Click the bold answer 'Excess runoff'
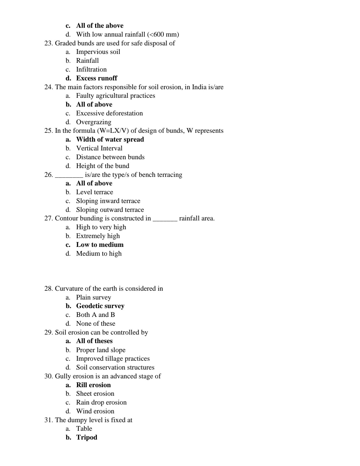pos(96,78)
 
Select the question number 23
pos(48,43)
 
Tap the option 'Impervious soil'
pos(98,52)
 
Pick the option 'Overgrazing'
pos(94,122)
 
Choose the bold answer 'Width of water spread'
pos(110,140)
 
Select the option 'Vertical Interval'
pos(99,148)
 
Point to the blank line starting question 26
pos(69,175)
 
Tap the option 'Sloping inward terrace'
pos(108,201)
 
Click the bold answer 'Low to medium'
pos(100,245)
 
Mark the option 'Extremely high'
pos(98,236)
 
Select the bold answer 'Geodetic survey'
pos(100,306)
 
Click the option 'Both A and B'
pos(95,315)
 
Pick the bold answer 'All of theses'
pos(94,341)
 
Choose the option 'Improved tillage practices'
pos(113,359)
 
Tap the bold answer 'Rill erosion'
pos(93,385)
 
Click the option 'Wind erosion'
pos(95,411)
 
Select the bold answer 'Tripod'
pos(87,437)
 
